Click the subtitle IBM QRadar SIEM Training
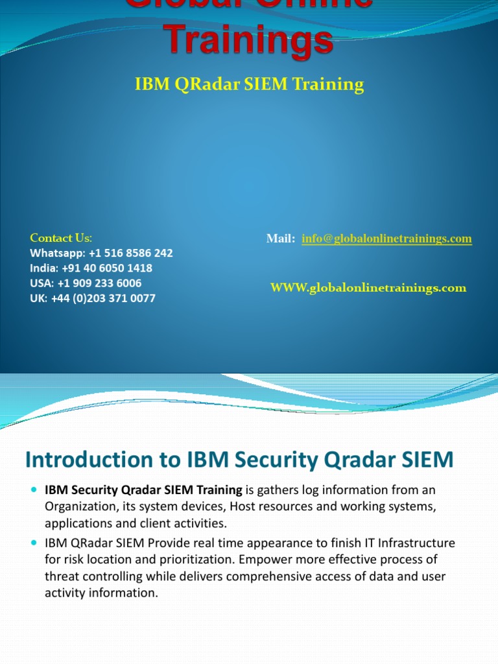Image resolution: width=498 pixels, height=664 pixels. [x=249, y=84]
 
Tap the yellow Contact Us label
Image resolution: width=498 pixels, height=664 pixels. [x=61, y=238]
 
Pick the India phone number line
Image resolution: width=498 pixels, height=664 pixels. [x=91, y=268]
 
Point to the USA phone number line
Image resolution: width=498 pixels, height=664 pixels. [x=86, y=283]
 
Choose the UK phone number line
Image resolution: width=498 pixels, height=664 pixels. [x=93, y=298]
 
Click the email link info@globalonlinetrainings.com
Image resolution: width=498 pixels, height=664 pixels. [x=386, y=239]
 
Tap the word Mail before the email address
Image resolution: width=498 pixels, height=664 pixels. [x=280, y=239]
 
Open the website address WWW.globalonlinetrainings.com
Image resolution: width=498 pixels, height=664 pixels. [x=368, y=288]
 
